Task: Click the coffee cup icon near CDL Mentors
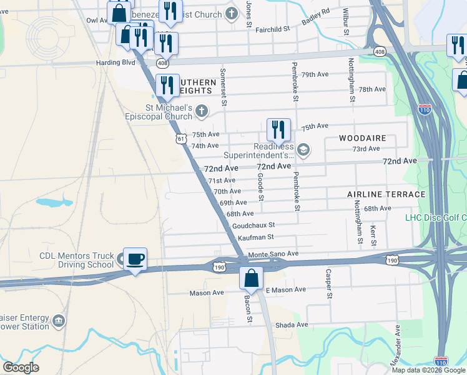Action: tap(134, 259)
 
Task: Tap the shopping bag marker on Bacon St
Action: tap(251, 278)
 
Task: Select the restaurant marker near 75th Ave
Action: tap(278, 129)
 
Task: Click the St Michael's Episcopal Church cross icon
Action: tap(201, 111)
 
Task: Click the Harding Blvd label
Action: tap(116, 62)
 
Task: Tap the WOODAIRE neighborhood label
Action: tap(363, 137)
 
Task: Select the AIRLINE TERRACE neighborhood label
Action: tap(386, 194)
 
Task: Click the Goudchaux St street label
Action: tap(253, 225)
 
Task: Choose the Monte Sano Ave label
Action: tap(274, 254)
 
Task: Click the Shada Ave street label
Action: tap(293, 324)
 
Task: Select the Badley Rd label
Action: tap(315, 15)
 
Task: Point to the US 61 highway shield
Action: tap(180, 138)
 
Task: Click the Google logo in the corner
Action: tap(21, 367)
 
